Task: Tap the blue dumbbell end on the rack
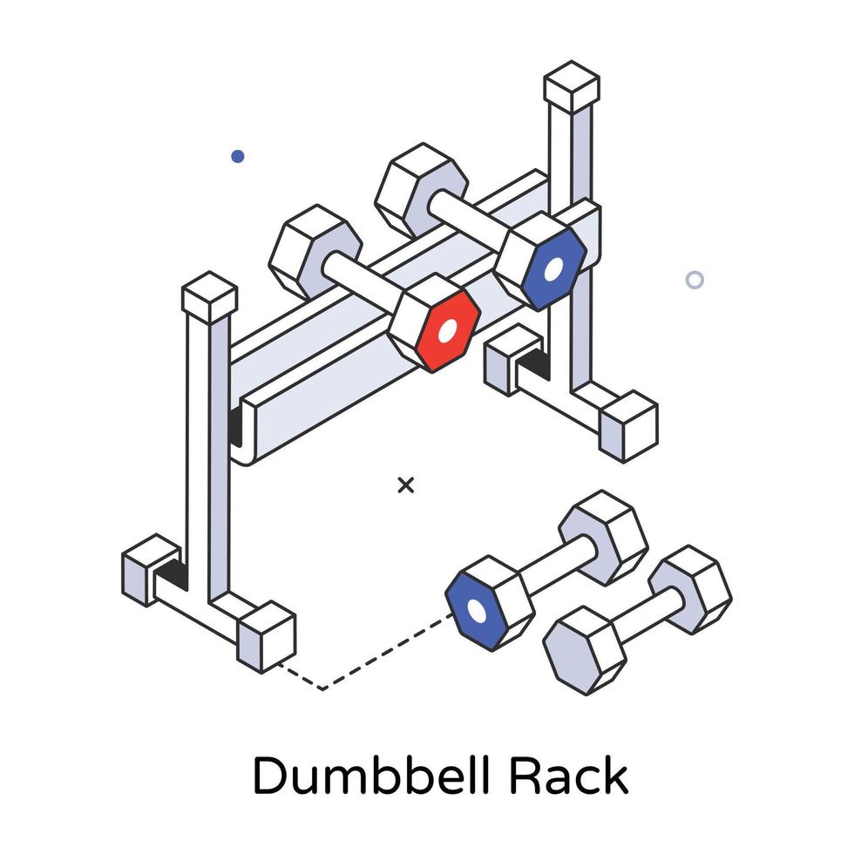[x=553, y=269]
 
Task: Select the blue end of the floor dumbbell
[x=474, y=611]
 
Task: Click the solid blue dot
[x=237, y=156]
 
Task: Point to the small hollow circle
[x=695, y=280]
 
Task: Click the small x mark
[x=406, y=485]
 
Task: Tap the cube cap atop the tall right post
[x=572, y=87]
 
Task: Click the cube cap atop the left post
[x=210, y=297]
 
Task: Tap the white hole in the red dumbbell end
[x=448, y=331]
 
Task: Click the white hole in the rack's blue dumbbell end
[x=553, y=269]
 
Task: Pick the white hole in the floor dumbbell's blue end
[x=477, y=612]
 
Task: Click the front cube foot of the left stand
[x=267, y=637]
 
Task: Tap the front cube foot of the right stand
[x=628, y=426]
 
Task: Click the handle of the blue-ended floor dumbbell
[x=556, y=566]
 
